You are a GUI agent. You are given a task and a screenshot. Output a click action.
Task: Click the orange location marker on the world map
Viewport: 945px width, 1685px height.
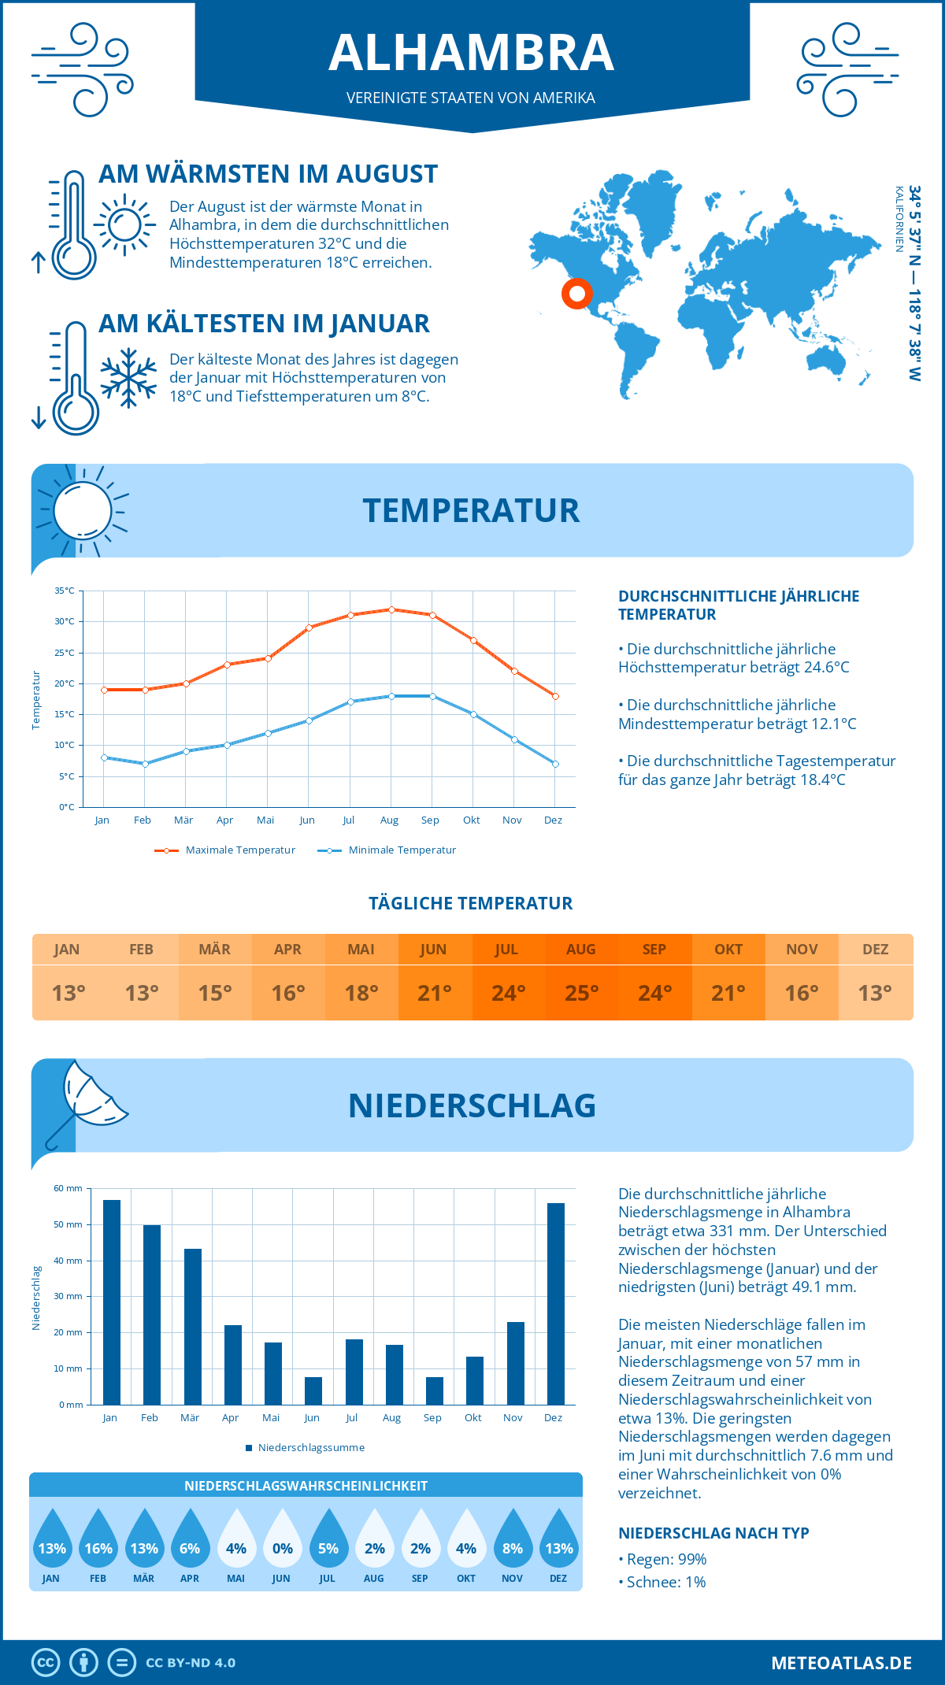(577, 294)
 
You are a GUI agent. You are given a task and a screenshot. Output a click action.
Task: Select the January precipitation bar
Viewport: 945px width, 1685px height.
(112, 1302)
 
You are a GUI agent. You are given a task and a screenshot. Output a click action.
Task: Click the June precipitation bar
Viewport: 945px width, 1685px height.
(313, 1391)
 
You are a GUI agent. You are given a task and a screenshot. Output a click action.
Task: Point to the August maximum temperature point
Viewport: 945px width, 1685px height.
(391, 609)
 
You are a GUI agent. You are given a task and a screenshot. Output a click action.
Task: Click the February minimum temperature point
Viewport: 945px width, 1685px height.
(145, 764)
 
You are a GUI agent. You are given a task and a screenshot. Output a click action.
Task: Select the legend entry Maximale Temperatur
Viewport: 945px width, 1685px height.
(225, 850)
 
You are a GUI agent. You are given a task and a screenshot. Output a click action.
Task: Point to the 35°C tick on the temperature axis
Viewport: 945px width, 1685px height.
(65, 591)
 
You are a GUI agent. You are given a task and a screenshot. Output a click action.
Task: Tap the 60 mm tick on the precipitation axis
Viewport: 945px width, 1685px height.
(68, 1188)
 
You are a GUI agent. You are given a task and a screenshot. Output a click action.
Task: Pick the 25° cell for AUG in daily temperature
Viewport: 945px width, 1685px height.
(581, 993)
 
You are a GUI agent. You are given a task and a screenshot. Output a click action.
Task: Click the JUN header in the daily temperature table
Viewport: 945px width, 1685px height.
(433, 950)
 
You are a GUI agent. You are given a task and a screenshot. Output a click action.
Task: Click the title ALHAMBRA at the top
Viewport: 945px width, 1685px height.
(471, 53)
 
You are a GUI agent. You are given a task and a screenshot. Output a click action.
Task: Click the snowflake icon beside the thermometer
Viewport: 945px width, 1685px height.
(128, 378)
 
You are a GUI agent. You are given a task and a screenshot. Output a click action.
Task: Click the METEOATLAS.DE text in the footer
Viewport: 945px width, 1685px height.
(841, 1663)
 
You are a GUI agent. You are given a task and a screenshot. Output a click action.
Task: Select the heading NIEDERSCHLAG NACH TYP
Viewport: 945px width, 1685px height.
(713, 1533)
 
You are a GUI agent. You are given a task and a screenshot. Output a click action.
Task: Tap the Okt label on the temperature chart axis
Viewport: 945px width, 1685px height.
(471, 820)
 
